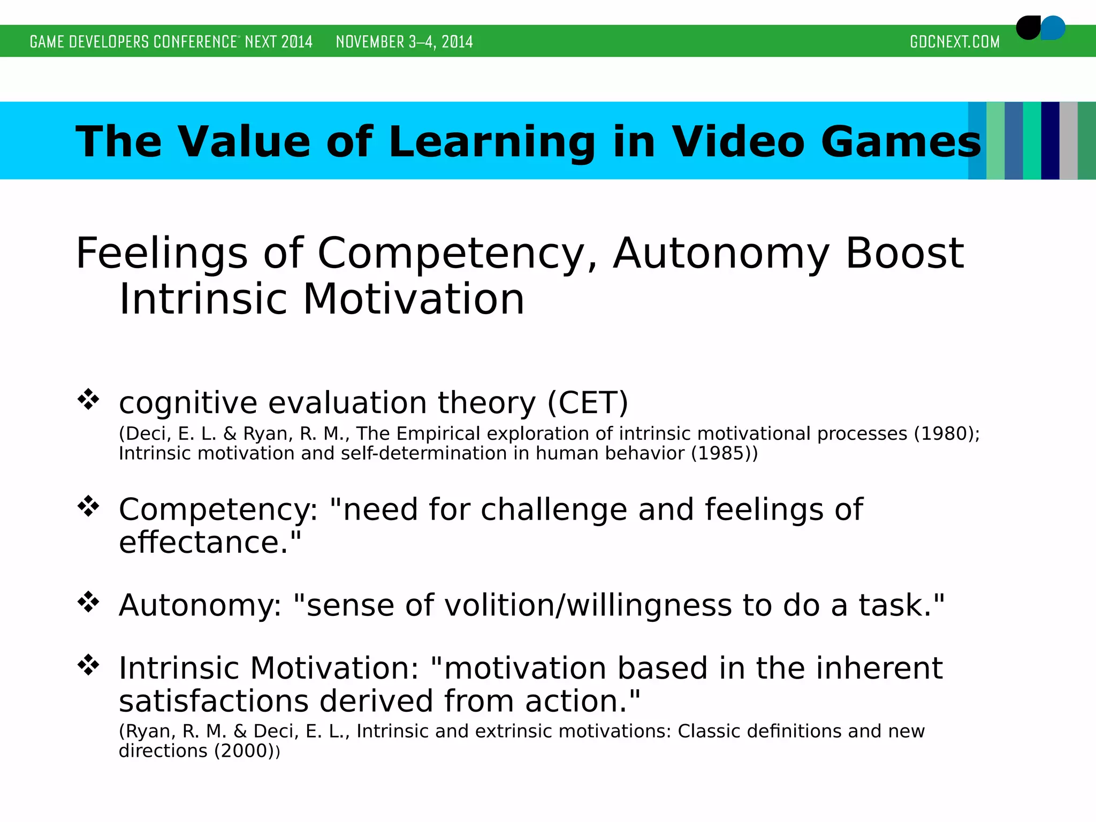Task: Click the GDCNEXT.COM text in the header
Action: [954, 42]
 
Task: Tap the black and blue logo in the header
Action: [1040, 28]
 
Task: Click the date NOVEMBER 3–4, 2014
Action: [404, 42]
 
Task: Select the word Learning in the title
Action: [492, 142]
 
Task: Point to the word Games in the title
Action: [901, 142]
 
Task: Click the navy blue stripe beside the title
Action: [1050, 141]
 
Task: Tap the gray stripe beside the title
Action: [1068, 141]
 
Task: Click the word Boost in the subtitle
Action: [904, 253]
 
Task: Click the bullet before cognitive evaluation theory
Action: [88, 399]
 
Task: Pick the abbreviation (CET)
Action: [588, 402]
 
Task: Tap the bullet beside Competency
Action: [88, 506]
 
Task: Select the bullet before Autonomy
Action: [88, 602]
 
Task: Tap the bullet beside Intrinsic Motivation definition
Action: [88, 665]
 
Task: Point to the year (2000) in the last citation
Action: [244, 751]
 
